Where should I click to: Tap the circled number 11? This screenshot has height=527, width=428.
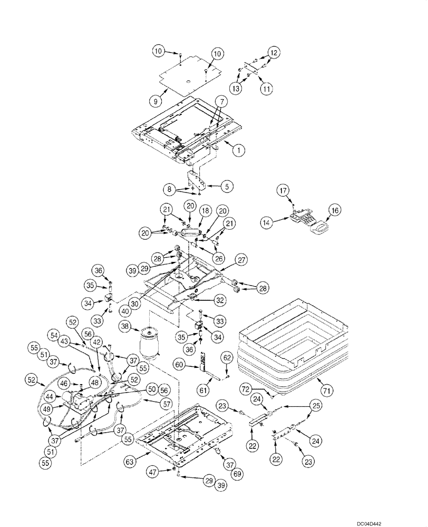(267, 90)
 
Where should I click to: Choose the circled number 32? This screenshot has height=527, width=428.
(220, 299)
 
